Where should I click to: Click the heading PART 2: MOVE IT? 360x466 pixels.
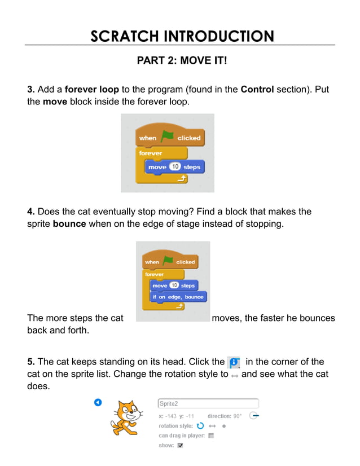click(182, 59)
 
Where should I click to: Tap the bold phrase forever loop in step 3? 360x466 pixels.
click(92, 90)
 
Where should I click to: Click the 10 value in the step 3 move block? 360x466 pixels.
click(175, 167)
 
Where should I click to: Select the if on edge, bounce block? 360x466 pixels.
click(177, 297)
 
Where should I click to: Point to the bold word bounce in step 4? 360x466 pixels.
click(69, 224)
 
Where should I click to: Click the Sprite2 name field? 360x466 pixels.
click(208, 403)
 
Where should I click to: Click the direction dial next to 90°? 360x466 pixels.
click(254, 416)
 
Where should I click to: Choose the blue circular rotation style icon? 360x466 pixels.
click(200, 426)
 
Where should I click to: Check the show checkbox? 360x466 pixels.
click(180, 445)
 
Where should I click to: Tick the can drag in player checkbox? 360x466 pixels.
click(211, 436)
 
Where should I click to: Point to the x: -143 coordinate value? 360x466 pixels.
click(168, 416)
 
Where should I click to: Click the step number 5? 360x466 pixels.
click(31, 362)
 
